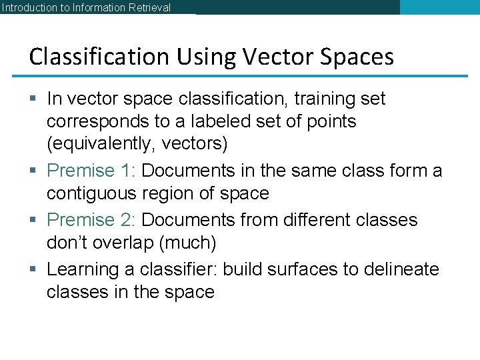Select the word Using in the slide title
tap(199, 57)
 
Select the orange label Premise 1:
tap(92, 171)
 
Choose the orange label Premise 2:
tap(92, 220)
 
